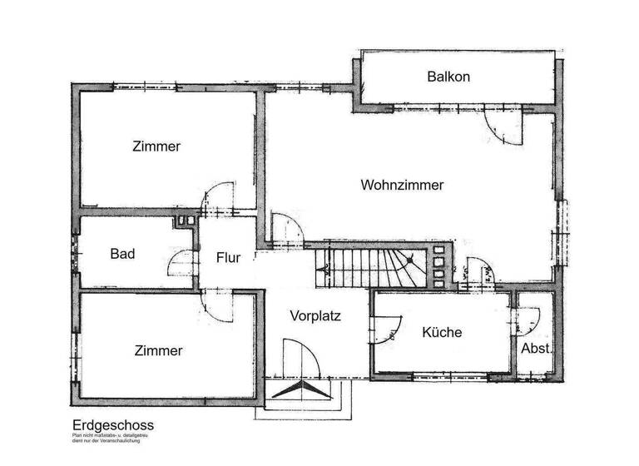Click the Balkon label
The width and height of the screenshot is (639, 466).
[448, 77]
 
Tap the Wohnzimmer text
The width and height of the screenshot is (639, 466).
[402, 185]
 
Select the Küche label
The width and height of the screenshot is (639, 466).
[442, 332]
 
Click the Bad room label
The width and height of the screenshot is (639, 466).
[122, 254]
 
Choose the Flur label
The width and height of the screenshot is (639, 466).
[228, 258]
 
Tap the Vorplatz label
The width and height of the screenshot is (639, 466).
[315, 315]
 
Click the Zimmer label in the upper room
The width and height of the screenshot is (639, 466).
[156, 146]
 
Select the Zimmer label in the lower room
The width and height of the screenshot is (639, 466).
[158, 350]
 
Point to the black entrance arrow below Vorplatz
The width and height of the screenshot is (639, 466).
[298, 389]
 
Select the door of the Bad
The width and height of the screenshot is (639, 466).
[181, 265]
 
